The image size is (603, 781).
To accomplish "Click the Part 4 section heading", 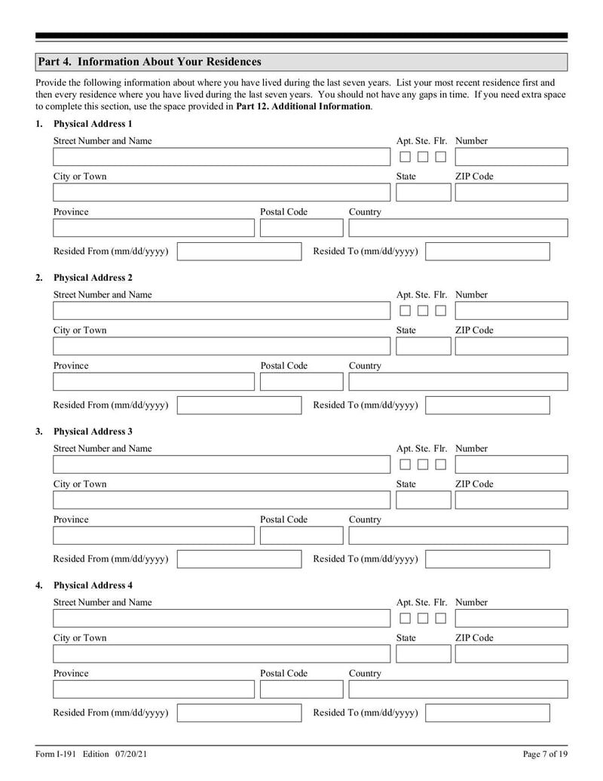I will [x=149, y=62].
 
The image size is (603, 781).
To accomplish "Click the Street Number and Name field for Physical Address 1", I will [x=222, y=157].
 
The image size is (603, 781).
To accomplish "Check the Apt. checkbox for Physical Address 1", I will [x=405, y=157].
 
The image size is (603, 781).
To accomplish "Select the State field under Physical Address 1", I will [x=422, y=192].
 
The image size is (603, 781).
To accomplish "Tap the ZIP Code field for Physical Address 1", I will [x=511, y=192].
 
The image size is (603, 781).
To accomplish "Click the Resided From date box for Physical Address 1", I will [x=239, y=251].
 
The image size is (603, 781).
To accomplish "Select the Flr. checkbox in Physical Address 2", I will [x=441, y=311].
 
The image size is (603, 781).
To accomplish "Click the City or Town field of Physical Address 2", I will [x=222, y=346].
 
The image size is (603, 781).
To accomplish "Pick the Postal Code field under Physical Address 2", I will [x=301, y=382].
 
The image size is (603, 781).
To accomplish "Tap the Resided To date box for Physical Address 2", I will [x=488, y=405].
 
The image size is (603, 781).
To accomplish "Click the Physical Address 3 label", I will [x=93, y=432].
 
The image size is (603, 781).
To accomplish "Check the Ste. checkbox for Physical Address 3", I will [x=423, y=465].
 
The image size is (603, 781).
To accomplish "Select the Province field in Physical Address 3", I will [x=154, y=536].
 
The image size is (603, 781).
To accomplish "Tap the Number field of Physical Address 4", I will [x=511, y=619].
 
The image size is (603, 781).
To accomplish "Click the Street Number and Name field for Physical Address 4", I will [x=222, y=619].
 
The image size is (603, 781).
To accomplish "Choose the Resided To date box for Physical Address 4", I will [x=488, y=713].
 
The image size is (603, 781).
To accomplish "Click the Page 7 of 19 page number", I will [x=545, y=754].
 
